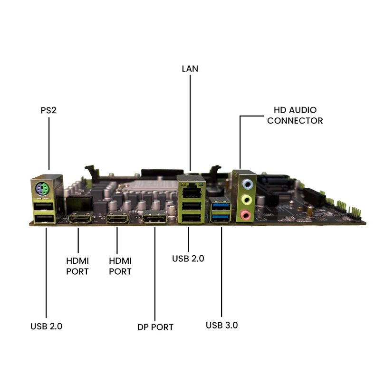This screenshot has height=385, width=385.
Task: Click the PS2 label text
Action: coord(48,110)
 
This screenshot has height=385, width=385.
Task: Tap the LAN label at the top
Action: coord(190,69)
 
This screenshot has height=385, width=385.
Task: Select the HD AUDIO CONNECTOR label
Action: coord(295,115)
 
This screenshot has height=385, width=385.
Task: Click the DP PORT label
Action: coord(155,327)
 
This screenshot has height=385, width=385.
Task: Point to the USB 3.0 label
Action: coord(221,325)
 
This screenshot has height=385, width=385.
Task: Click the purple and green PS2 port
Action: coord(42,189)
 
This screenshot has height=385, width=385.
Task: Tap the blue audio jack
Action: coord(247,184)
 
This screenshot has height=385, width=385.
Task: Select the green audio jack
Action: coord(247,200)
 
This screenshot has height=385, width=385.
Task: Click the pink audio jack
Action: coord(246,215)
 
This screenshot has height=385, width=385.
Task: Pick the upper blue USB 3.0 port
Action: coord(221,205)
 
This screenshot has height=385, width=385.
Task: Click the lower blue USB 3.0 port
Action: coord(221,217)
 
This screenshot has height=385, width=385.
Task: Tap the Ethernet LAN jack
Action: coord(192,191)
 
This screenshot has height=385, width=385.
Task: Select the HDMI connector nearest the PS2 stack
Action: coord(80,219)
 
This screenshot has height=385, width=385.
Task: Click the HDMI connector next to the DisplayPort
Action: coord(117,219)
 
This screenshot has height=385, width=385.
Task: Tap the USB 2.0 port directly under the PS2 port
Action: coord(43,206)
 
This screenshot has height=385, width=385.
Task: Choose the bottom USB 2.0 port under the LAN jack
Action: coord(192,218)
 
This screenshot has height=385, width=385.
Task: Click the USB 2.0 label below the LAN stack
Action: coord(188,259)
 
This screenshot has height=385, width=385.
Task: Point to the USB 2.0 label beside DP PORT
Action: coord(47,327)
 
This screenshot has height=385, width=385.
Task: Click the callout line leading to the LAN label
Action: coord(190,123)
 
